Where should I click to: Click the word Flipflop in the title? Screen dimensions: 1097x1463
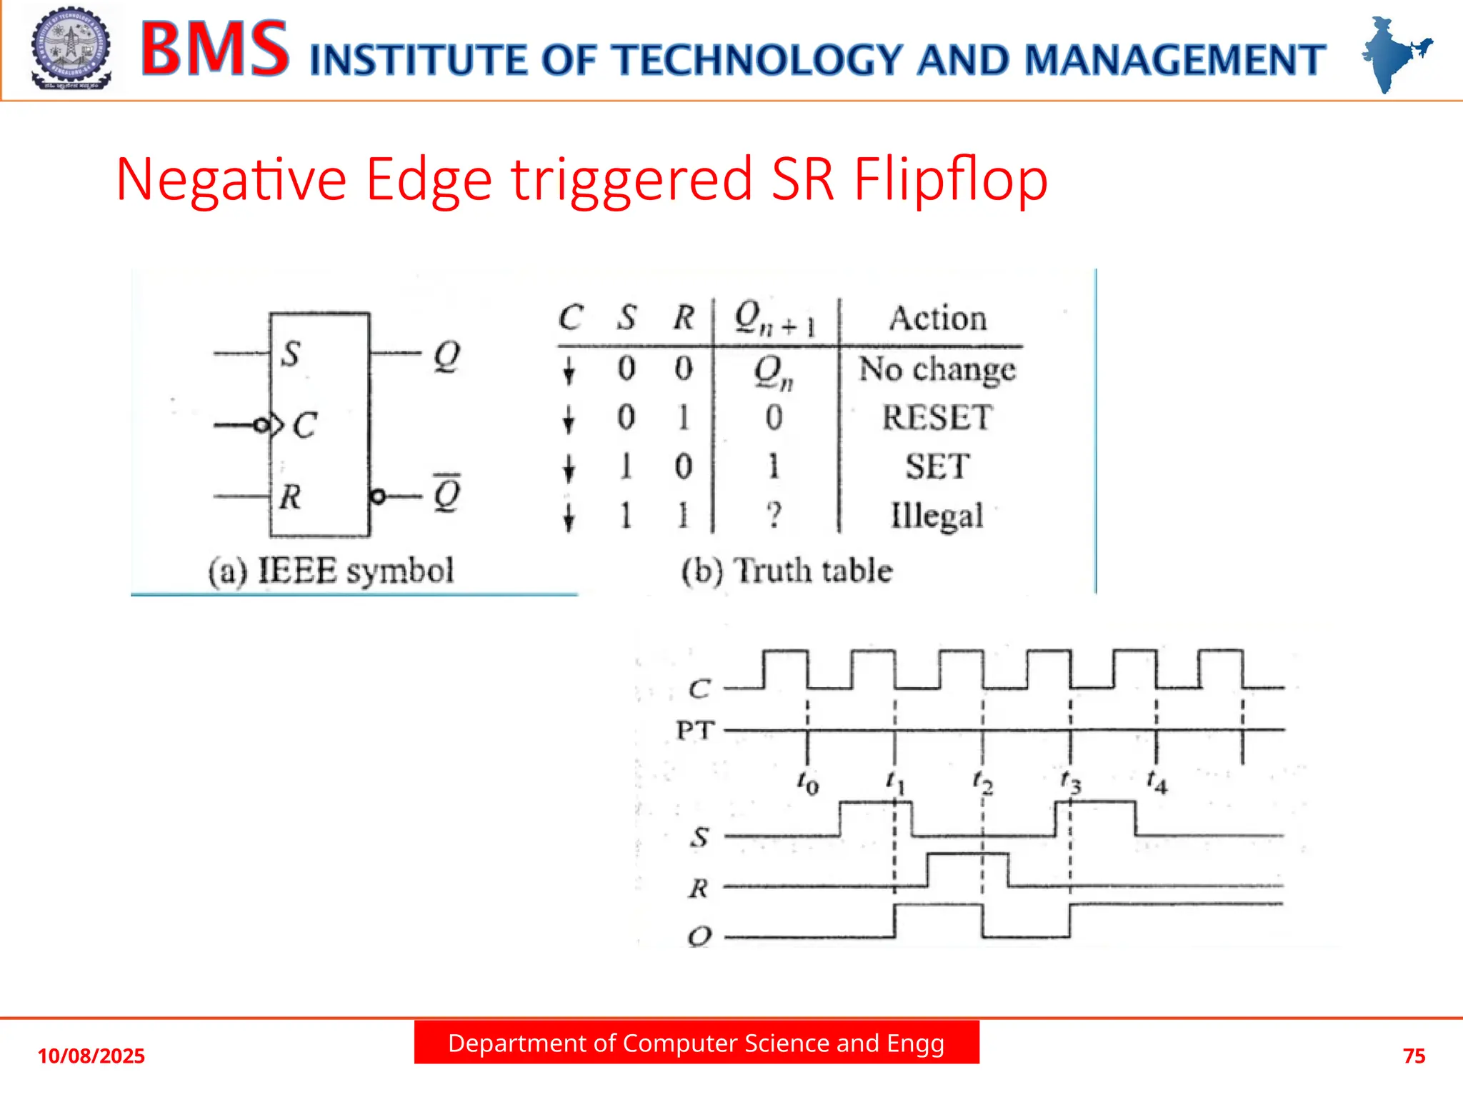tap(950, 180)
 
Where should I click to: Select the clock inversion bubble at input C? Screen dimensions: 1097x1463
tap(261, 426)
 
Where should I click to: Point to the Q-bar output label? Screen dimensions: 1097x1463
tap(447, 494)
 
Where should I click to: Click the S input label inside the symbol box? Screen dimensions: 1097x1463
tap(290, 354)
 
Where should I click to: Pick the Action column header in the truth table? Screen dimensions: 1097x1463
tap(937, 319)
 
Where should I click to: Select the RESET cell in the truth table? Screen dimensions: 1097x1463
tap(937, 417)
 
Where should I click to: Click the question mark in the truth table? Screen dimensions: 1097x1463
tap(774, 515)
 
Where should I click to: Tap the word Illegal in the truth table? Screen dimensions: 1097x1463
tap(937, 516)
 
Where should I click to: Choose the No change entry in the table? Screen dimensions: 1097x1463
tap(937, 369)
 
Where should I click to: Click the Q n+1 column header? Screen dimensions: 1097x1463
tap(774, 319)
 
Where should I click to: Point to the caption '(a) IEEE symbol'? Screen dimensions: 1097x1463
tap(331, 571)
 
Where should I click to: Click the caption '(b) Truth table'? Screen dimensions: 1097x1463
tap(787, 571)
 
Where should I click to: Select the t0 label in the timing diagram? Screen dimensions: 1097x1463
tap(808, 783)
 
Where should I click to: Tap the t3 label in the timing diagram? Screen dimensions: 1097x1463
tap(1071, 783)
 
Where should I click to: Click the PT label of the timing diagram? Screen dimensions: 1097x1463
tap(695, 730)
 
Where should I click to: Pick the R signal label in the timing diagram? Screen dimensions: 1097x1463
tap(699, 888)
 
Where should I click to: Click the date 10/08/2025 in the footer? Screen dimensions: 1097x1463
tap(91, 1056)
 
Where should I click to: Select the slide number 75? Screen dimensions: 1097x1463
tap(1414, 1056)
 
